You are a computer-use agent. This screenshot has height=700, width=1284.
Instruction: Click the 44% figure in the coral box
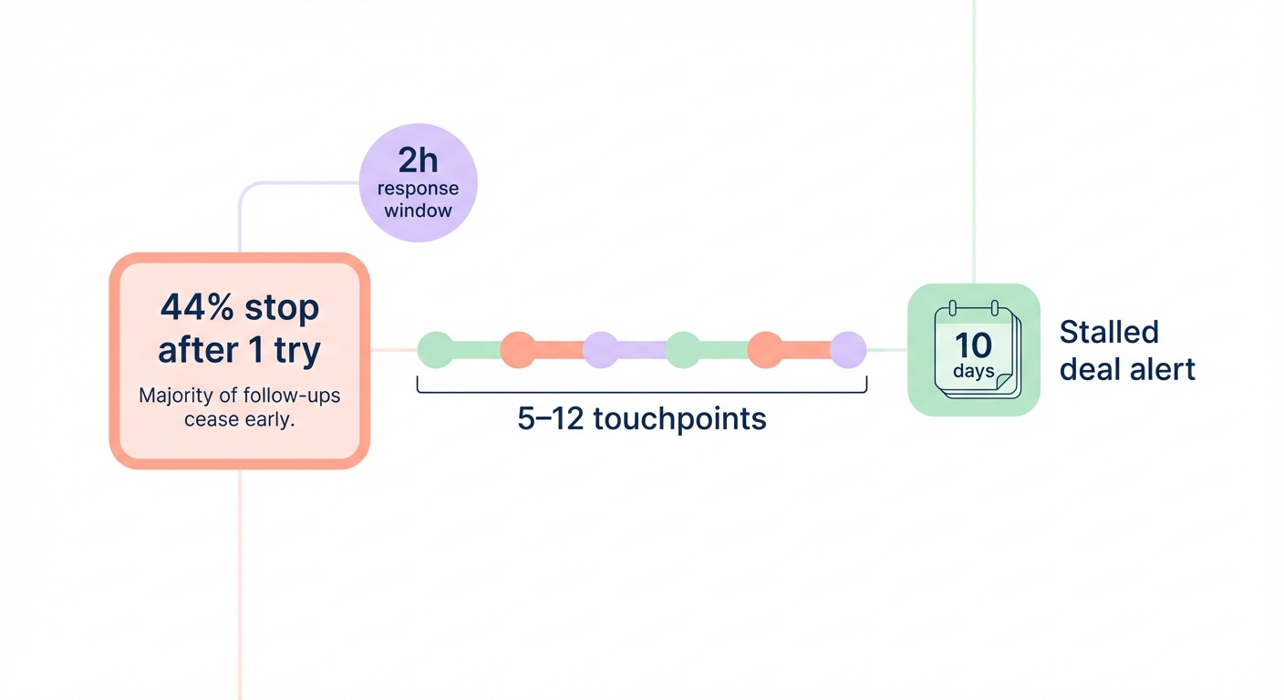(195, 308)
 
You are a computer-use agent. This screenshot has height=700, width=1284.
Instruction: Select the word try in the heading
(297, 350)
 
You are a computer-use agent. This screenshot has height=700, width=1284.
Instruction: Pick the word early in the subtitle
(269, 420)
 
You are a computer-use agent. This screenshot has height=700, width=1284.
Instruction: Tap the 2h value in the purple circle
(418, 160)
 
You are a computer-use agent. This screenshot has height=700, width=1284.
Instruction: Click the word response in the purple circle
(418, 189)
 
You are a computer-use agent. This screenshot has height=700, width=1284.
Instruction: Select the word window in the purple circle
(418, 211)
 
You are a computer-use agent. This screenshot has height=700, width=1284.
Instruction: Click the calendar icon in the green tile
(974, 350)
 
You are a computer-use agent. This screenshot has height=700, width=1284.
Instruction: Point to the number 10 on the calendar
(972, 345)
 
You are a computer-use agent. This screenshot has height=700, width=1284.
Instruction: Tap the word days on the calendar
(973, 371)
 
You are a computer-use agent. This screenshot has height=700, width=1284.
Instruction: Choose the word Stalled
(1109, 332)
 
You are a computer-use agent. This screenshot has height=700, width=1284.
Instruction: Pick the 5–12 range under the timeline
(550, 419)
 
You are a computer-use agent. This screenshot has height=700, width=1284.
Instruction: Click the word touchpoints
(679, 419)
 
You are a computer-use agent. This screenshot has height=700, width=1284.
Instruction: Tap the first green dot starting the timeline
(435, 350)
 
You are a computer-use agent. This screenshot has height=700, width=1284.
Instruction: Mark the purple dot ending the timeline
(848, 350)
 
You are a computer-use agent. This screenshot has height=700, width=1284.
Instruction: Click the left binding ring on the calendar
(951, 309)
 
